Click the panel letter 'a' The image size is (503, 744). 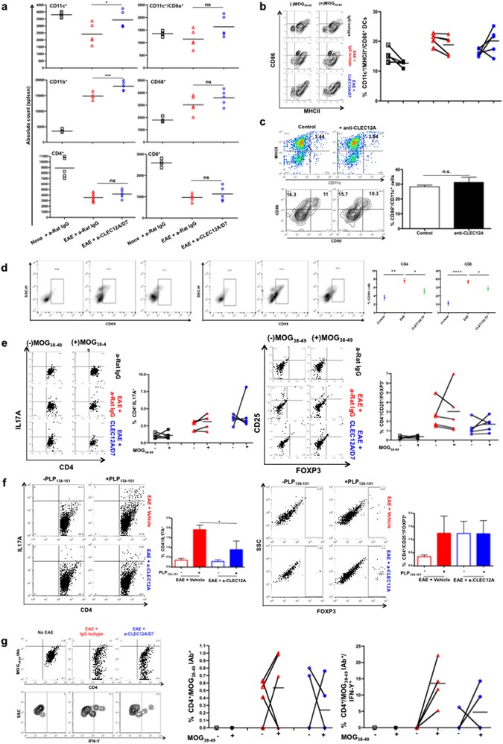pyautogui.click(x=4, y=6)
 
